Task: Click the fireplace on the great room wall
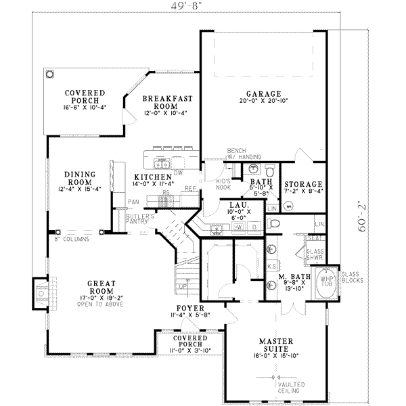39,293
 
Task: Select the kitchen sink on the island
162,162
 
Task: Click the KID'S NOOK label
224,185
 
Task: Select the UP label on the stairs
181,286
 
